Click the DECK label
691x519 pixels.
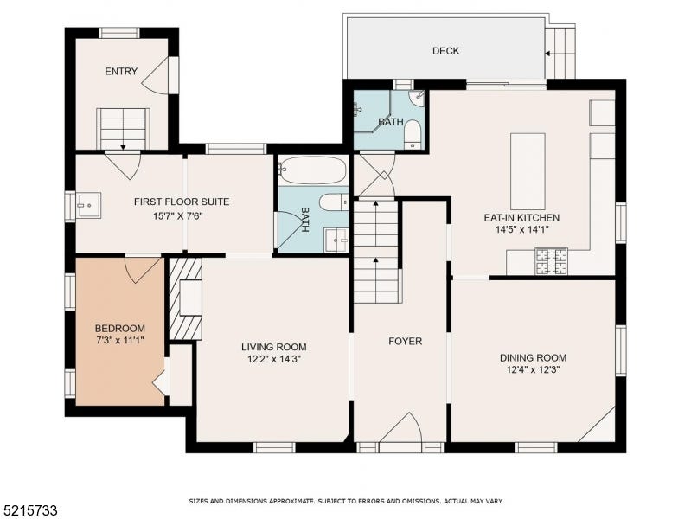click(x=445, y=51)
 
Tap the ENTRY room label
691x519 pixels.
click(x=121, y=72)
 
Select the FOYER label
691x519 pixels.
click(x=405, y=342)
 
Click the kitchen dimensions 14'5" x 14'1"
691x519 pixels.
click(x=521, y=230)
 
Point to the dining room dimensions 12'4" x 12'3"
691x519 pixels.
click(x=534, y=370)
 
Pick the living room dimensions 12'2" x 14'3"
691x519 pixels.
click(x=273, y=359)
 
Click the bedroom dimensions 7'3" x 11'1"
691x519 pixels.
click(x=120, y=341)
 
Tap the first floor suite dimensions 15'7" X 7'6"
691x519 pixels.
click(x=177, y=216)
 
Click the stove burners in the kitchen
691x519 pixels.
click(x=551, y=261)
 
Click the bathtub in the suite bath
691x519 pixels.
click(x=312, y=170)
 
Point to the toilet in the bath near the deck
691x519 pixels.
click(x=413, y=134)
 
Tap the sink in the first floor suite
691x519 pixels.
click(x=88, y=206)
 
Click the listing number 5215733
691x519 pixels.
click(x=29, y=511)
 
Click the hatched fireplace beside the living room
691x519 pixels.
click(x=185, y=299)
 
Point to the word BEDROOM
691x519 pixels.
click(x=120, y=329)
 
